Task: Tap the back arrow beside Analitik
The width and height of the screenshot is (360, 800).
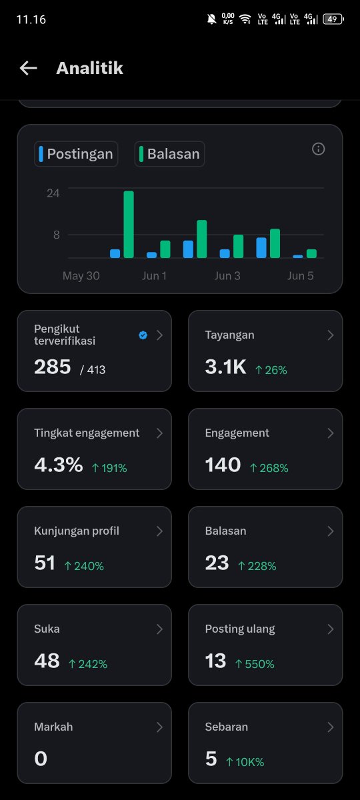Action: (28, 68)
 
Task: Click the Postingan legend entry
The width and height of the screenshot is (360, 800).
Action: (76, 154)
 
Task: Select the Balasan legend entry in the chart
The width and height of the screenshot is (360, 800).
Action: (169, 154)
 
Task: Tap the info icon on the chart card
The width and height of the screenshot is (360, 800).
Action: (318, 149)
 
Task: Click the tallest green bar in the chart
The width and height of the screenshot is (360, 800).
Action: (129, 224)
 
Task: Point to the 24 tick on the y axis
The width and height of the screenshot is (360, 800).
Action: (53, 193)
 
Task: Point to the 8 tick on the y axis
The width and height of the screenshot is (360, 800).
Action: (57, 235)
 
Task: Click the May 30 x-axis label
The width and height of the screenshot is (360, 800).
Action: (81, 276)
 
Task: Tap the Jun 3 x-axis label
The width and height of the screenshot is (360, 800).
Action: (227, 276)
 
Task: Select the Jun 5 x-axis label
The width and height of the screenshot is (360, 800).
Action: (301, 276)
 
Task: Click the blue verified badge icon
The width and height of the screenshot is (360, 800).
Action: (143, 335)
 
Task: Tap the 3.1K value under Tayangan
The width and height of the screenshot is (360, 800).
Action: (225, 367)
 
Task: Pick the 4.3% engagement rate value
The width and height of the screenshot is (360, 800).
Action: (59, 465)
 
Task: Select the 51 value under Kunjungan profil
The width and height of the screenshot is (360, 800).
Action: (45, 563)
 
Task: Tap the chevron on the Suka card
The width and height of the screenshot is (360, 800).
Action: (159, 629)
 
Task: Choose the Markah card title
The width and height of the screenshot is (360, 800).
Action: (53, 727)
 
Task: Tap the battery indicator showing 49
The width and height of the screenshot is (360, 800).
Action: (333, 19)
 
